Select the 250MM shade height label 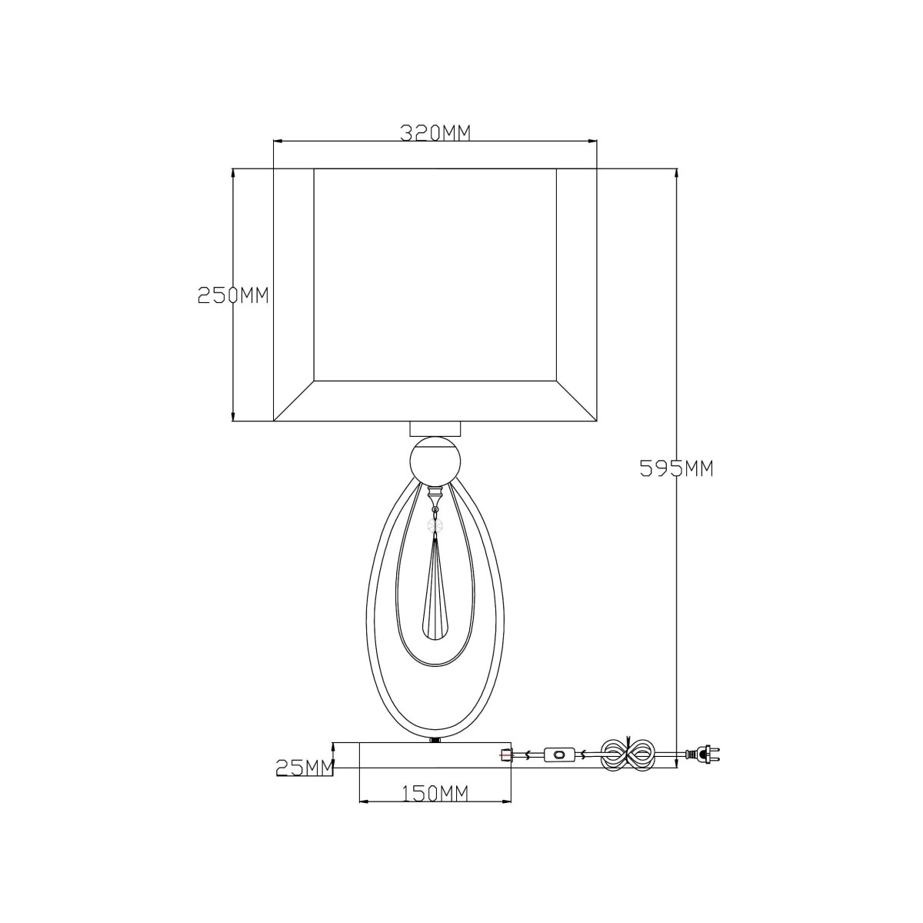233,295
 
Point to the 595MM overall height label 677,468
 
